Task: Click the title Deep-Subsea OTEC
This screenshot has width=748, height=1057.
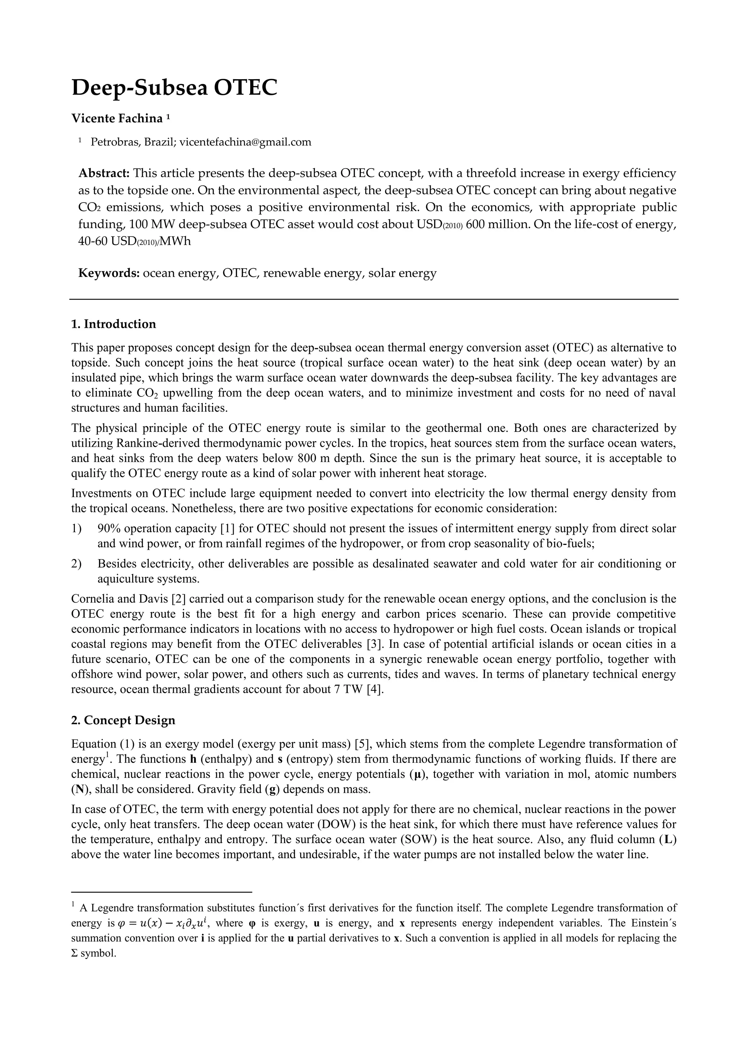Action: click(x=174, y=88)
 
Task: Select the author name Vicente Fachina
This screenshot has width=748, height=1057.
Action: click(x=117, y=119)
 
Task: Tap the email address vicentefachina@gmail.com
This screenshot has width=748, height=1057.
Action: click(x=245, y=142)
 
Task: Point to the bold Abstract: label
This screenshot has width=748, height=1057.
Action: click(x=104, y=174)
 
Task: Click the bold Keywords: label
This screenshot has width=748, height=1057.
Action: click(x=109, y=273)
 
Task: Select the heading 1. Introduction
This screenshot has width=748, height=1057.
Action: click(x=113, y=324)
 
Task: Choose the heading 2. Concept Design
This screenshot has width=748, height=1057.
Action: click(x=123, y=720)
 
